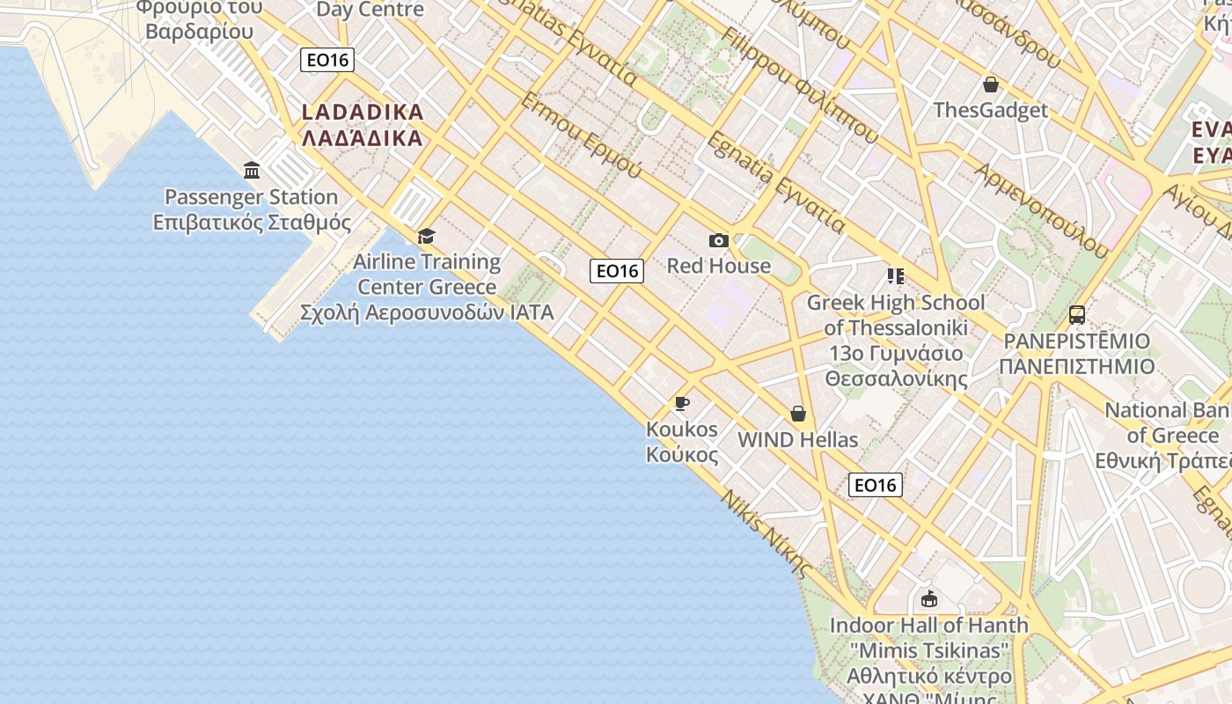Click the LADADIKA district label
[363, 125]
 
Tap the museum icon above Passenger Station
[252, 170]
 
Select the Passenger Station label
[252, 209]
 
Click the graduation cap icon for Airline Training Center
[427, 236]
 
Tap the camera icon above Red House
[718, 240]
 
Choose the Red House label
[718, 266]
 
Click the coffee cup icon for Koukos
[681, 404]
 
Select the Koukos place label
[682, 442]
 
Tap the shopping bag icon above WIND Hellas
[798, 414]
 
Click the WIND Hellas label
[797, 439]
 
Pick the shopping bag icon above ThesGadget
[991, 84]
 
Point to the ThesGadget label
[991, 110]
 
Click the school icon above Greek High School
[896, 276]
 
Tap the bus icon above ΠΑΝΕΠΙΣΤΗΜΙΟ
[1076, 315]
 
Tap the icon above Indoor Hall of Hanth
[928, 599]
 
